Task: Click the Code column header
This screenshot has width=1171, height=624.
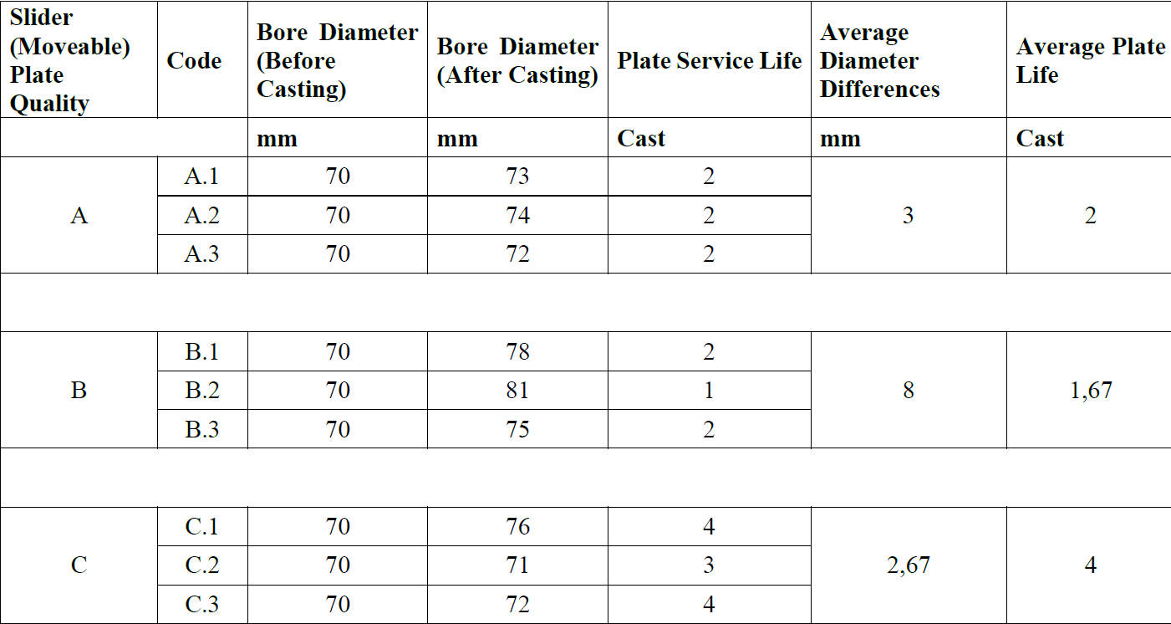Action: click(194, 61)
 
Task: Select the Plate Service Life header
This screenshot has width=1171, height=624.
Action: click(709, 61)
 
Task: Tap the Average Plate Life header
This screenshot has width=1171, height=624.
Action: click(1090, 61)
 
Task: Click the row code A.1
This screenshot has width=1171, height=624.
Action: click(201, 177)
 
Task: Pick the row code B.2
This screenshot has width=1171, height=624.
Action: click(201, 391)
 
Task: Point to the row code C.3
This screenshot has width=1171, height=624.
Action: click(201, 604)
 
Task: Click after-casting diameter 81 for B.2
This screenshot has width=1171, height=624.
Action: click(517, 391)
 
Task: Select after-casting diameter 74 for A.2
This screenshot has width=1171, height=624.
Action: click(517, 216)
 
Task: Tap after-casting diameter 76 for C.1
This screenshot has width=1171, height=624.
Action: click(517, 527)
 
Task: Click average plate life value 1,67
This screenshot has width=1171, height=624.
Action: click(1090, 391)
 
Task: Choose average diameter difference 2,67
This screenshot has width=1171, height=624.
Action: click(908, 565)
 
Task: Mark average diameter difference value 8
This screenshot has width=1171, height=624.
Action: click(908, 391)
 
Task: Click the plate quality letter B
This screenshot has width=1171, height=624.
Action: click(79, 391)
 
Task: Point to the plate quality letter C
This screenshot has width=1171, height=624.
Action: click(79, 565)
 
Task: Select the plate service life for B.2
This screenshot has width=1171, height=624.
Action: click(709, 391)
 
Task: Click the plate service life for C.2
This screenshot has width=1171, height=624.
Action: click(709, 565)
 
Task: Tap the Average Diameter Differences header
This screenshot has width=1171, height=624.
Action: click(879, 61)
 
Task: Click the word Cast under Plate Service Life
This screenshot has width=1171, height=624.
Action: click(641, 139)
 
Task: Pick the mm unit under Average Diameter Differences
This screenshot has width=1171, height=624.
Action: click(840, 139)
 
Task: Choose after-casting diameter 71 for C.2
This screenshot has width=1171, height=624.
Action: click(517, 565)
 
